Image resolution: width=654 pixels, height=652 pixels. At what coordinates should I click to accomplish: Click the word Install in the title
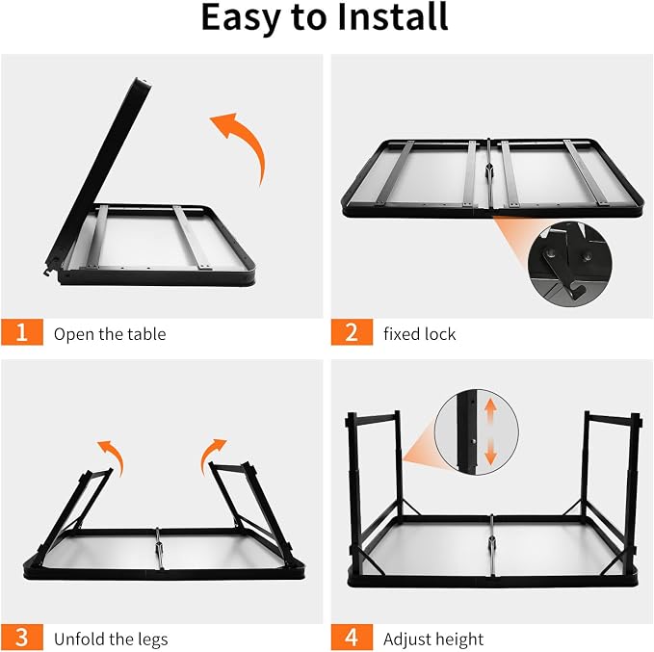(x=392, y=16)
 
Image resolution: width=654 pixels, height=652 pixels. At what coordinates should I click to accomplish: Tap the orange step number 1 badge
(x=22, y=332)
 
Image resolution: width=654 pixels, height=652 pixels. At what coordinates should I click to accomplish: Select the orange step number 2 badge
(x=352, y=332)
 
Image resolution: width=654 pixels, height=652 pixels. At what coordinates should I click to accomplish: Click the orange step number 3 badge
(x=22, y=637)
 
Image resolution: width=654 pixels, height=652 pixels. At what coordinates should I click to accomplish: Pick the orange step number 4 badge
(x=352, y=637)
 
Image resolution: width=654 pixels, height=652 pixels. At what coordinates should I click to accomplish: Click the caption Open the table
(x=110, y=334)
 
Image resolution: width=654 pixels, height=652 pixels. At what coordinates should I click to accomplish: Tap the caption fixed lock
(x=420, y=334)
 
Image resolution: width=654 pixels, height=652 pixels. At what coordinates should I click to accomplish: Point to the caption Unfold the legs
(x=111, y=639)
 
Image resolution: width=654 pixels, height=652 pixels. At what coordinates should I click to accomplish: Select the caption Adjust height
(x=433, y=639)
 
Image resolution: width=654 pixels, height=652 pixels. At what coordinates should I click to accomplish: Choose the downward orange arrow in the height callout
(x=490, y=452)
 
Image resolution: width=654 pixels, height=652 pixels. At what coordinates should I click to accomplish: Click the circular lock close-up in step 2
(x=570, y=265)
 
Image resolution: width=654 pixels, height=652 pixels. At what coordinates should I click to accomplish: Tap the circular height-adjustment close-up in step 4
(x=477, y=432)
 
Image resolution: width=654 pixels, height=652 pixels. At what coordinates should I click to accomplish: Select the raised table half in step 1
(x=98, y=175)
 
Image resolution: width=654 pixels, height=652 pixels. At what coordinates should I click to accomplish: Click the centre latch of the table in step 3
(x=159, y=549)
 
